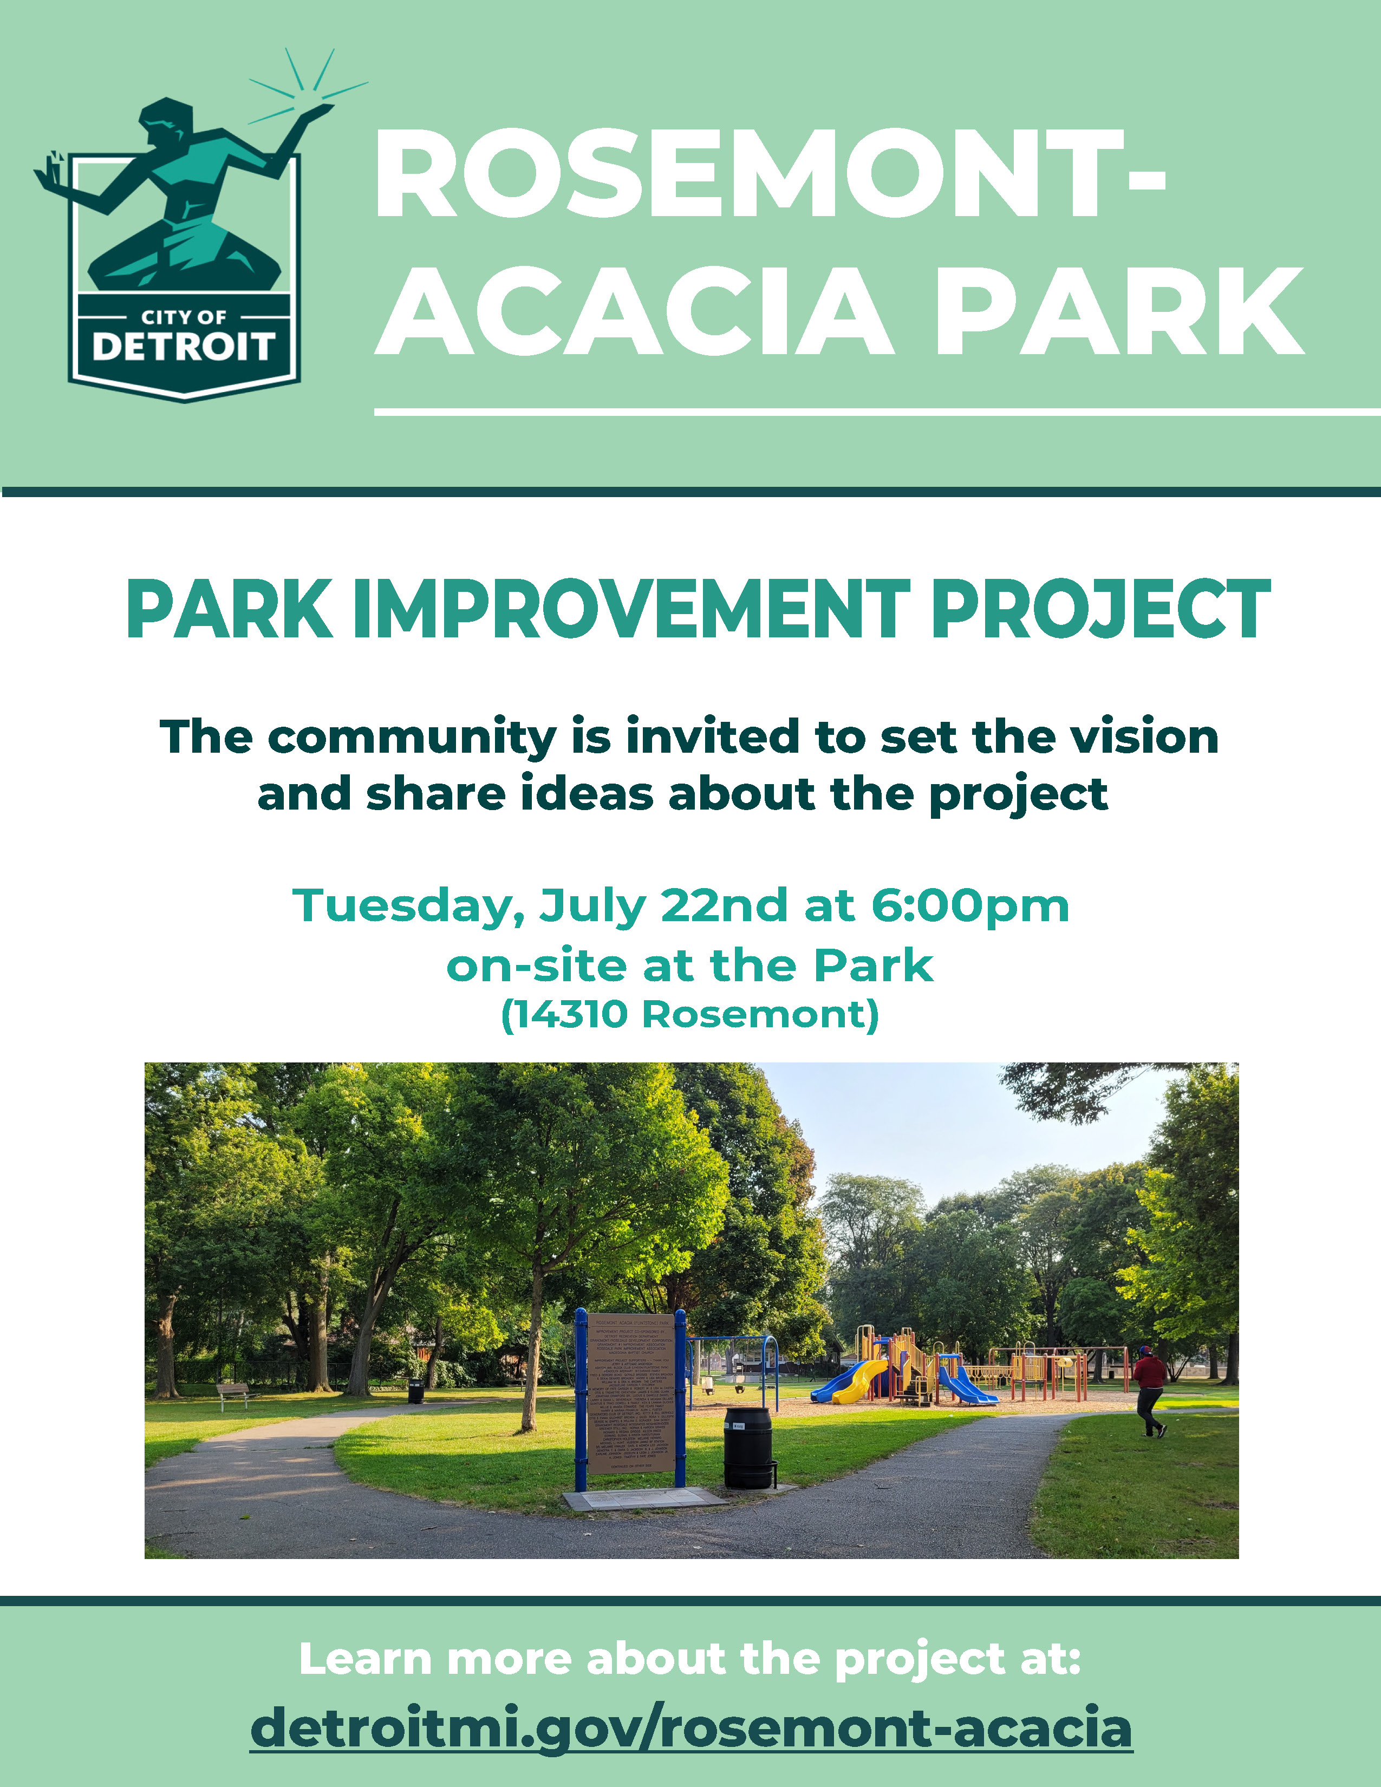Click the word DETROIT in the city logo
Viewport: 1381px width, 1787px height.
(183, 347)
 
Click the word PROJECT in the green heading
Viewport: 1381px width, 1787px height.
(1100, 610)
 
